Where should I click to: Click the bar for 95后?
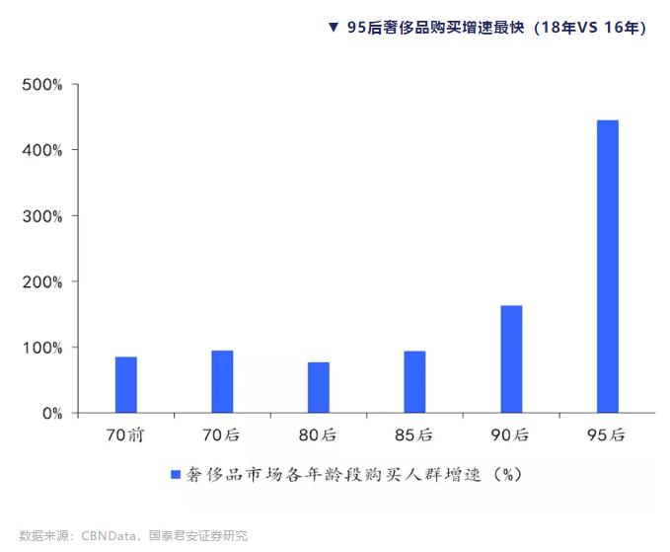(607, 267)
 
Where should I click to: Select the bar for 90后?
(511, 359)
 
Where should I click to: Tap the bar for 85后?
(414, 382)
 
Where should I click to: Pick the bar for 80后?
(319, 387)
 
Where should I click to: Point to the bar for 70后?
(222, 382)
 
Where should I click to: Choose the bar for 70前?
(126, 385)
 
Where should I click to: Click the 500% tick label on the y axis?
(42, 85)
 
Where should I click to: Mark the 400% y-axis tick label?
(42, 150)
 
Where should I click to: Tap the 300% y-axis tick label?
(42, 216)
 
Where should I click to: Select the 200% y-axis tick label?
(42, 281)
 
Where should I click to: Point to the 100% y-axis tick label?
(42, 348)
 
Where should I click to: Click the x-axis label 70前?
(125, 434)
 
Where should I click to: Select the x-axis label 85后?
(414, 434)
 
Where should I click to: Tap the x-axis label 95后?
(607, 434)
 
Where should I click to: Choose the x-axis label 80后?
(319, 434)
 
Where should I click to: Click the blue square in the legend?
(176, 475)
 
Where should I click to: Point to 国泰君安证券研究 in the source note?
(197, 536)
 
